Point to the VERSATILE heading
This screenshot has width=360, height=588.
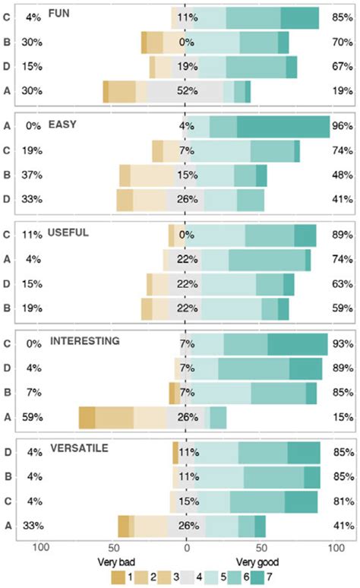click(79, 449)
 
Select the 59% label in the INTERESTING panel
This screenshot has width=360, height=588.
click(31, 417)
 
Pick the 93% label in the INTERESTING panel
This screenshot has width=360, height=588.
click(342, 345)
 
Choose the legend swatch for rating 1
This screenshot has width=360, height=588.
click(118, 578)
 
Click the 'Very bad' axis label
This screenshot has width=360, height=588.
click(116, 563)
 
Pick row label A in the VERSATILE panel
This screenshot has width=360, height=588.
click(7, 526)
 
